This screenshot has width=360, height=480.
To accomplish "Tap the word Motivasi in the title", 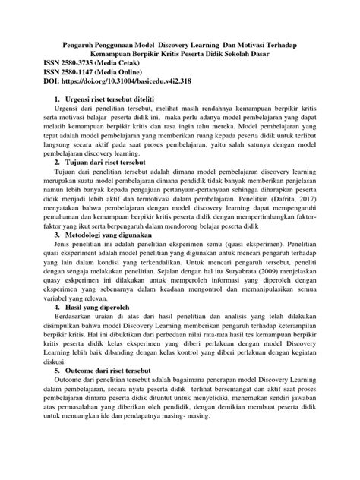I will pos(257,46).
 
